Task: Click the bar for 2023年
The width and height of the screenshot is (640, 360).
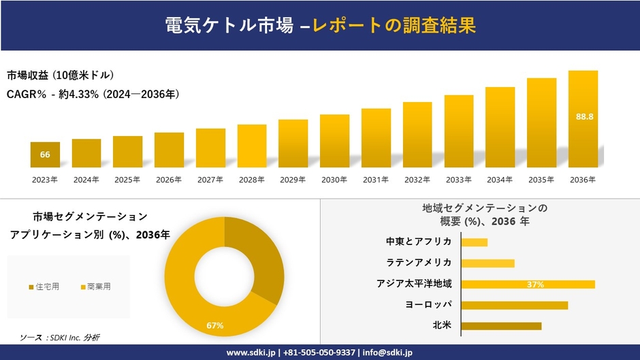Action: (45, 154)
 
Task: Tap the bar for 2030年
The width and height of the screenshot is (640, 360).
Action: (334, 141)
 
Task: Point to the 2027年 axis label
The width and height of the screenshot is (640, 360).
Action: (210, 180)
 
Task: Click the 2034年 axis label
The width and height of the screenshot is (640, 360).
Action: (500, 180)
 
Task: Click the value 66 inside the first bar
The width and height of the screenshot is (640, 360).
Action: (45, 154)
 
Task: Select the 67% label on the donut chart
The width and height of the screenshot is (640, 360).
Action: (215, 326)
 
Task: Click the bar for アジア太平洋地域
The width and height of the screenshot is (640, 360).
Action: (528, 284)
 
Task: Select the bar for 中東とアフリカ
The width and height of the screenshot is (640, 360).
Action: (474, 242)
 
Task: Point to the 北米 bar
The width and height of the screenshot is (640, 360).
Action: (501, 325)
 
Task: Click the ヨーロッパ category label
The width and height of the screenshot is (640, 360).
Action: (428, 304)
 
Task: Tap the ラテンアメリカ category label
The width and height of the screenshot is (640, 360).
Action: (419, 263)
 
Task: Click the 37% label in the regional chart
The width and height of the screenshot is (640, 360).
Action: (535, 284)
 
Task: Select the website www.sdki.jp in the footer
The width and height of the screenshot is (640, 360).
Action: (251, 352)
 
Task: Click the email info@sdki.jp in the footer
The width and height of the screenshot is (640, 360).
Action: (387, 352)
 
